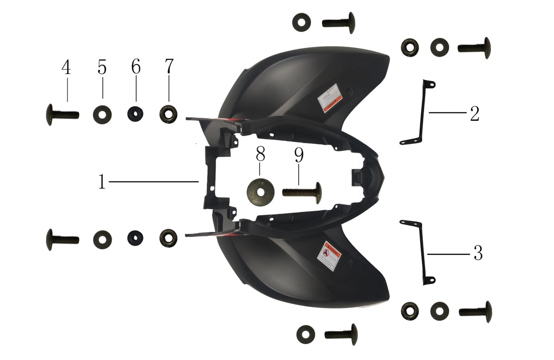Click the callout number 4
[66, 68]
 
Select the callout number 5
[102, 67]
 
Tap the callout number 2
[475, 113]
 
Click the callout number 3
[478, 253]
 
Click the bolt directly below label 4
[62, 114]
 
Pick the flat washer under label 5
[102, 114]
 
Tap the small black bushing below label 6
[135, 114]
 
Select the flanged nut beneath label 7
[169, 114]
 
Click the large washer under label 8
[260, 190]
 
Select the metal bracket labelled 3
[421, 252]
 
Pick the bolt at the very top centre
[339, 23]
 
